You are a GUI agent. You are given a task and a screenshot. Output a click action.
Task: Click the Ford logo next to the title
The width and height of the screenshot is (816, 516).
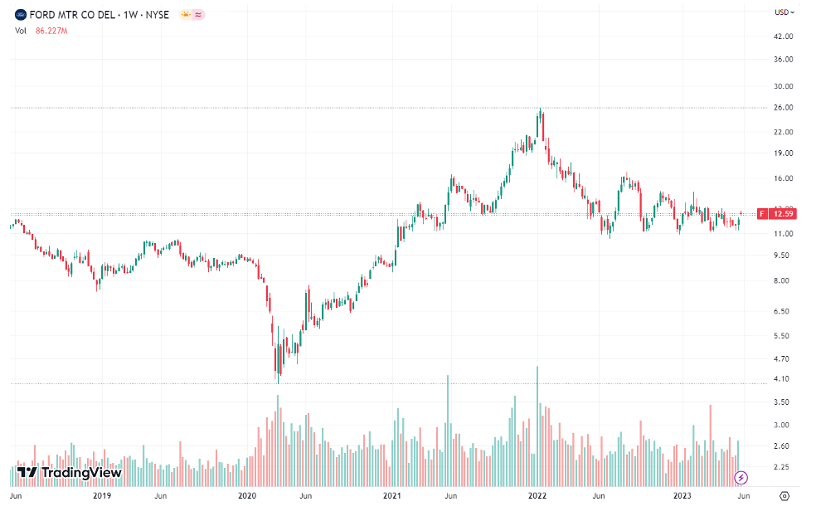[21, 14]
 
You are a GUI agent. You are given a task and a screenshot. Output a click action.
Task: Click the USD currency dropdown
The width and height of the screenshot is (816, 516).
[784, 12]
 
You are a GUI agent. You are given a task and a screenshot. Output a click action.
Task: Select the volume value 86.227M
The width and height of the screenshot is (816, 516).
[51, 31]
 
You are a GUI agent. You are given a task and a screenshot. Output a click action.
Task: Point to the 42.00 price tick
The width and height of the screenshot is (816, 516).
[784, 37]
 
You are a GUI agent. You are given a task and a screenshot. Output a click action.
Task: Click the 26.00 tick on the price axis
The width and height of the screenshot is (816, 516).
[784, 108]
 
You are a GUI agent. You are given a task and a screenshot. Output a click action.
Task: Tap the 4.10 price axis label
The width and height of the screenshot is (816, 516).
[782, 379]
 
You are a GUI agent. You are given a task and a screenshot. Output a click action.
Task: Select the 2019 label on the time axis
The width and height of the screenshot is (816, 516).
[102, 496]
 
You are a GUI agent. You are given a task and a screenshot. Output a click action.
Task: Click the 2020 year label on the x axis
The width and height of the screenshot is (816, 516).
[247, 496]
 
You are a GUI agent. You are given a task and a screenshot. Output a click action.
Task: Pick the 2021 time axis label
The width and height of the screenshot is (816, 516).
[392, 496]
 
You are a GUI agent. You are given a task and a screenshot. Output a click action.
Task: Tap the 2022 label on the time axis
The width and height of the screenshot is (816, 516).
[537, 496]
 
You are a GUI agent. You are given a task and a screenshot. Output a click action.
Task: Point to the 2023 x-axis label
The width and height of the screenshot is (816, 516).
[682, 496]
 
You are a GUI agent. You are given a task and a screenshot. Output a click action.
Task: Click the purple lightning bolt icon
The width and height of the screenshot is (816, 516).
[741, 477]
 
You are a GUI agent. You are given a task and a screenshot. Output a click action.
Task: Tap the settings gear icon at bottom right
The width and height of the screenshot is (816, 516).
[784, 496]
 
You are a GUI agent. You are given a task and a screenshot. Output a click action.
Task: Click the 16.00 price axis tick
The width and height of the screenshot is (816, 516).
[784, 179]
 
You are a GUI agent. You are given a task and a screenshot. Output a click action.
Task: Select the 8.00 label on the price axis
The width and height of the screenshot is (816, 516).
[782, 281]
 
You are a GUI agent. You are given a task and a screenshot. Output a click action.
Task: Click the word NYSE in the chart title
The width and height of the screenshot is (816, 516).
[157, 14]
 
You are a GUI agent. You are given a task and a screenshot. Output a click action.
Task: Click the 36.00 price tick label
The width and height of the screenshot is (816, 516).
[784, 60]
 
